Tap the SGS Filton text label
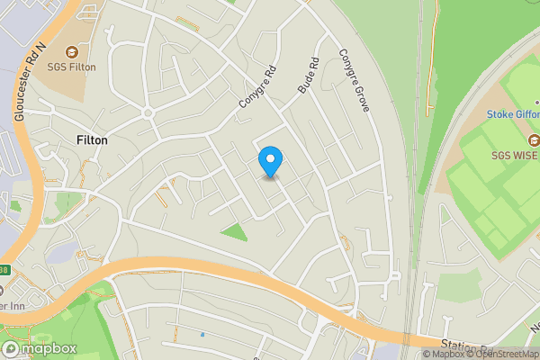(x=71, y=67)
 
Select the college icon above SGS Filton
(x=71, y=52)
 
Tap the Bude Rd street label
(x=308, y=77)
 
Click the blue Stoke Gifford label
(x=512, y=114)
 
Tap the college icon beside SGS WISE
(x=534, y=139)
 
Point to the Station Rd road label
(x=467, y=346)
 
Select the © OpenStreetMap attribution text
(x=499, y=354)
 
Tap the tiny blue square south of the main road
(x=202, y=335)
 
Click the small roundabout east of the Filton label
(x=149, y=113)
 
